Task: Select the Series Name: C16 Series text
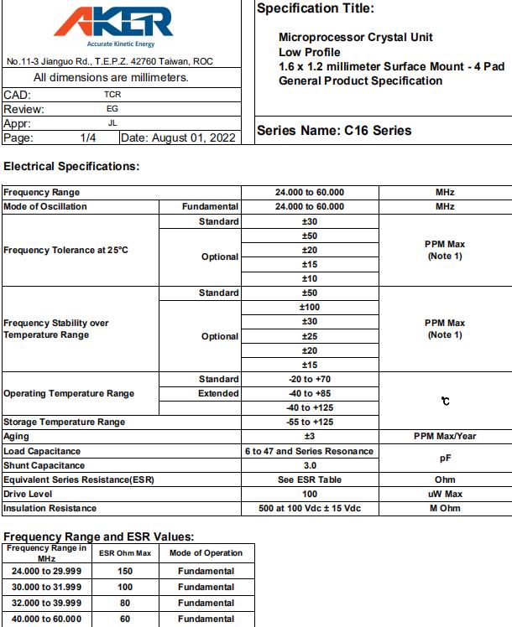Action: tap(334, 131)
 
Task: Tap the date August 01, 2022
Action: tap(180, 137)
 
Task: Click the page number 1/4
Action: tap(88, 137)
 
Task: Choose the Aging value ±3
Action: tap(309, 437)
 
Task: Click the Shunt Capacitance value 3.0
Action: tap(309, 465)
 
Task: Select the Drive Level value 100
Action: tap(309, 494)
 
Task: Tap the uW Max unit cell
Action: tap(445, 494)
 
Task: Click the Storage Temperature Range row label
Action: tap(65, 422)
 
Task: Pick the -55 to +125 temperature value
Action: tap(309, 422)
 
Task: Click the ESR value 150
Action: tap(124, 572)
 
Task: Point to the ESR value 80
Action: tap(124, 603)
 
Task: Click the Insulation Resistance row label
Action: tap(50, 508)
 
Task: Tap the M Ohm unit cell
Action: tap(445, 508)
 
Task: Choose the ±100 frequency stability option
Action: tap(309, 308)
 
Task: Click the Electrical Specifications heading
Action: tap(71, 166)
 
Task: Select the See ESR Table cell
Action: tap(309, 479)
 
